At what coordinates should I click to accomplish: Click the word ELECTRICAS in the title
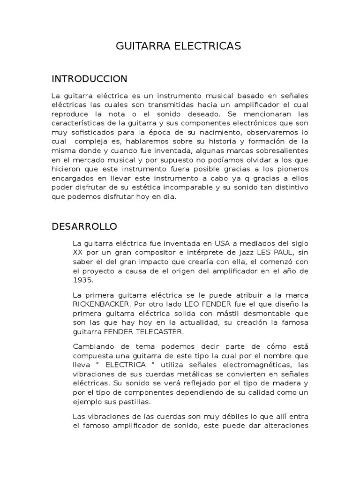[211, 46]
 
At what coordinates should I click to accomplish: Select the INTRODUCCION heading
[89, 78]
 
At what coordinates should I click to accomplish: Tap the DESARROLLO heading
[84, 226]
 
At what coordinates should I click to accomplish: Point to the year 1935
[83, 280]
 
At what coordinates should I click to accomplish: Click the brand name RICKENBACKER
[104, 304]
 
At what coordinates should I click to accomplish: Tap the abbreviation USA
[223, 243]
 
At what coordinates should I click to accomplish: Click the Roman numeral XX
[78, 252]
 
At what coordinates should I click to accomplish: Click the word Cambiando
[93, 346]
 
